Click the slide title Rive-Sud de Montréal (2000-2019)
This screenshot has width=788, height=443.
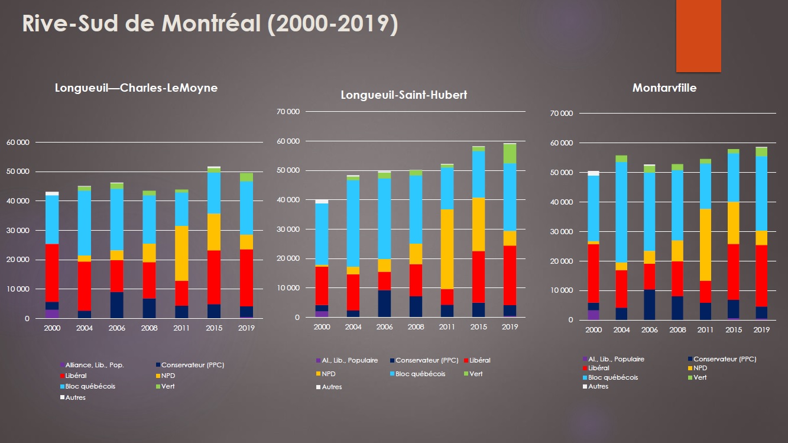pyautogui.click(x=210, y=24)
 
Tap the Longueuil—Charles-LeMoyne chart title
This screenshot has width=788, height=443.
pyautogui.click(x=136, y=88)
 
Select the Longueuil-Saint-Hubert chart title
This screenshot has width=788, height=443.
pyautogui.click(x=404, y=95)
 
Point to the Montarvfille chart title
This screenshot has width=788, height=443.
pyautogui.click(x=664, y=88)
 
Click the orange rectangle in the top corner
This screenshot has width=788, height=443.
pyautogui.click(x=698, y=35)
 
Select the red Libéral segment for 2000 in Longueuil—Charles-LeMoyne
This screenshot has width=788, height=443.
pyautogui.click(x=52, y=273)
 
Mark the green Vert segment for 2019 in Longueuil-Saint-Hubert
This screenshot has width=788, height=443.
pyautogui.click(x=510, y=153)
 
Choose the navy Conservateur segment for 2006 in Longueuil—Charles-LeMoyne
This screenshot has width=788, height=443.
pyautogui.click(x=116, y=305)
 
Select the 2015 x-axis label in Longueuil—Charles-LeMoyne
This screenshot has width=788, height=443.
pyautogui.click(x=213, y=328)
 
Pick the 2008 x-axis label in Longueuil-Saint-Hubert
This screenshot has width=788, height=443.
pyautogui.click(x=416, y=327)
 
